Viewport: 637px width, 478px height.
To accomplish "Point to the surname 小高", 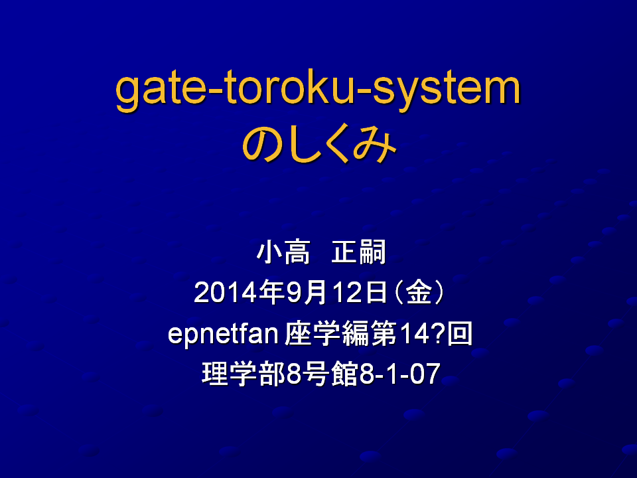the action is (283, 252).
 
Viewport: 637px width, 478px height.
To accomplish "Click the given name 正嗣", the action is (358, 252).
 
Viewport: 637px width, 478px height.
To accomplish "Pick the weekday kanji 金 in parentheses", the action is (419, 292).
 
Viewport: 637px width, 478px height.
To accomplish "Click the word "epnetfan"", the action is (223, 334).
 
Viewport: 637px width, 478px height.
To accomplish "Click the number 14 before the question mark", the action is (414, 334).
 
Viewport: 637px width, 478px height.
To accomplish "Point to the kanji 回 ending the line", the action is (459, 333).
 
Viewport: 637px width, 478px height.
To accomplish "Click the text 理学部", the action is (244, 374).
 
